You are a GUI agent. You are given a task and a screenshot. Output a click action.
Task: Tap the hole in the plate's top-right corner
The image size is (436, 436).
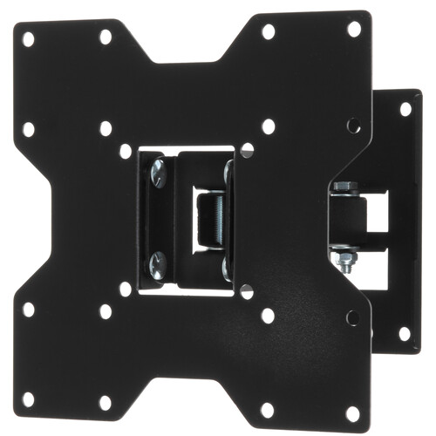[x=354, y=29]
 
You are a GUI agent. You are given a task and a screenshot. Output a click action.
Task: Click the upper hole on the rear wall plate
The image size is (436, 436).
[x=405, y=109]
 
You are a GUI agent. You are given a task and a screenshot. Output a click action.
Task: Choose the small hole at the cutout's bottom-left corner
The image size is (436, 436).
[x=126, y=288]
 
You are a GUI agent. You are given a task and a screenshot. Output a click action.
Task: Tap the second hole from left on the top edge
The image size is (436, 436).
[x=106, y=37]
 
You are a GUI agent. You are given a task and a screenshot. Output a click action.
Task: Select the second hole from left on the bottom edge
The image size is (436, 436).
[x=106, y=402]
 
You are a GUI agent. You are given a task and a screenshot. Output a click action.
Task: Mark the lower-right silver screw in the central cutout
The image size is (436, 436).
[x=228, y=266]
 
